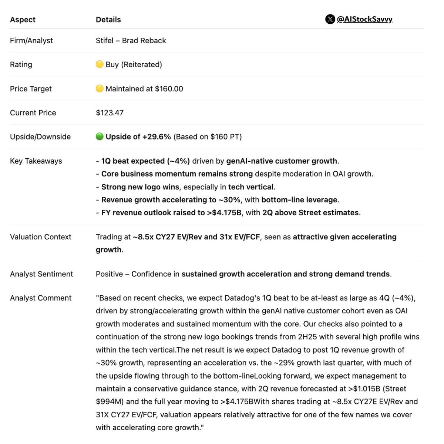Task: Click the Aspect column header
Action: pyautogui.click(x=23, y=20)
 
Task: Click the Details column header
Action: pyautogui.click(x=108, y=20)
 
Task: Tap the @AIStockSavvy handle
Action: pyautogui.click(x=364, y=19)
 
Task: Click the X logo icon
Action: pyautogui.click(x=330, y=19)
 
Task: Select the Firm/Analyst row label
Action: pyautogui.click(x=31, y=41)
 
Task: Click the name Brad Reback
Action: pyautogui.click(x=144, y=41)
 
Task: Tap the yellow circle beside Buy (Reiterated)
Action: pyautogui.click(x=100, y=64)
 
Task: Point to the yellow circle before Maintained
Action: pyautogui.click(x=100, y=88)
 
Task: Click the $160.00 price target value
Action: pyautogui.click(x=169, y=89)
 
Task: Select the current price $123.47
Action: pyautogui.click(x=110, y=113)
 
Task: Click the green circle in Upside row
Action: pyautogui.click(x=100, y=137)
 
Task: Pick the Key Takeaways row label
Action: pyautogui.click(x=36, y=161)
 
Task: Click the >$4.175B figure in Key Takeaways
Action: pyautogui.click(x=224, y=213)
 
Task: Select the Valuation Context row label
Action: pyautogui.click(x=41, y=237)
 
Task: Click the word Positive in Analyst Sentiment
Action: pyautogui.click(x=109, y=274)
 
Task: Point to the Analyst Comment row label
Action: pyautogui.click(x=41, y=298)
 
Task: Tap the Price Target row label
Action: pyautogui.click(x=31, y=89)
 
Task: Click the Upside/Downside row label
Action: pyautogui.click(x=40, y=137)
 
